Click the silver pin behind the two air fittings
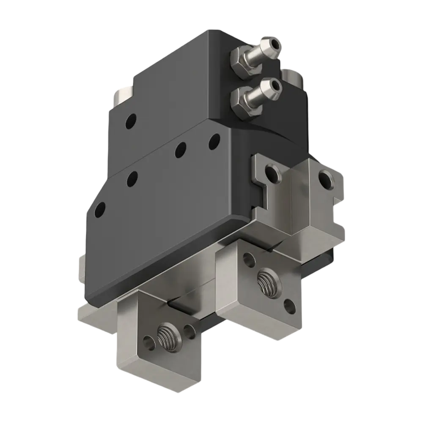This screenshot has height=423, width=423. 292,78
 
